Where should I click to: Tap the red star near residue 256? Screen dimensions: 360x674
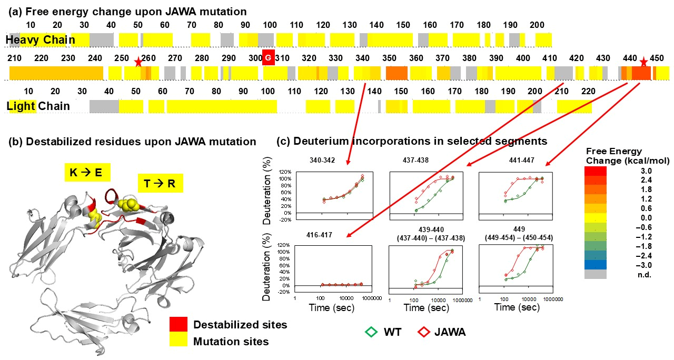138,63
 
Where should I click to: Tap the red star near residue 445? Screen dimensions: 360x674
643,63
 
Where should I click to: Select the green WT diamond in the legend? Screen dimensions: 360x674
372,332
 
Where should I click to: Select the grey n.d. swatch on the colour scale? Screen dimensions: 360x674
595,274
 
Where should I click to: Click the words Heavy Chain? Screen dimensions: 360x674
41,39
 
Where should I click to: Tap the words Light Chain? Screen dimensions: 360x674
38,106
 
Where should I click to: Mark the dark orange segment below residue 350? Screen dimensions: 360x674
397,73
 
